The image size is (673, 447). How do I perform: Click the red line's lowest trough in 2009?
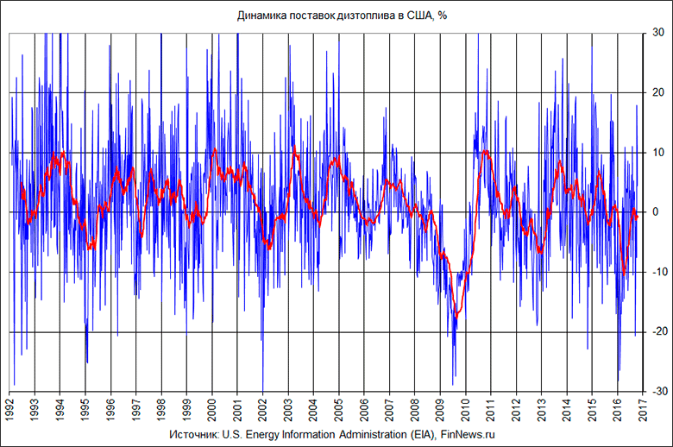click(x=457, y=316)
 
